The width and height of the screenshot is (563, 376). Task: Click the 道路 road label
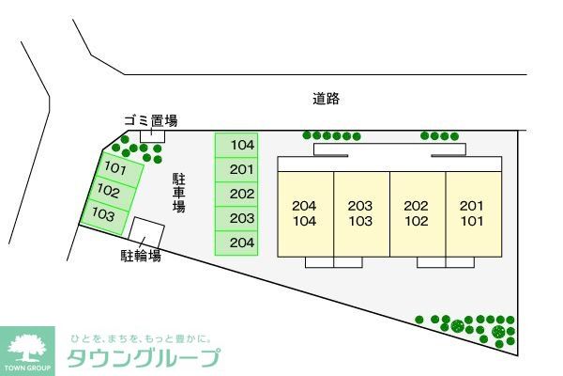pos(326,97)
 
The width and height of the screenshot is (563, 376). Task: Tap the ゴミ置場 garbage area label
pos(150,120)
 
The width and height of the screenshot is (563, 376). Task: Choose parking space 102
pos(110,192)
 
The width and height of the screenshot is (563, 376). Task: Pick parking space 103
pos(103,215)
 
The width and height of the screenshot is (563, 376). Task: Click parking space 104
pos(241,145)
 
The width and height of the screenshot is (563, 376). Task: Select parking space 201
pos(241,169)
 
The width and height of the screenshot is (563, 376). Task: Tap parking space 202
pos(241,194)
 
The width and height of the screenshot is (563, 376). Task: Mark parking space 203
pos(241,218)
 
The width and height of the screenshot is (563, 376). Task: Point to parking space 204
pos(241,243)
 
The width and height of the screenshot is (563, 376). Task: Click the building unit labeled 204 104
pos(305,213)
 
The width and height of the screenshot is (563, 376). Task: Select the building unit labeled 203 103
pos(361,213)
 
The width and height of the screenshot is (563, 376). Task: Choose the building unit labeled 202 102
pos(417,213)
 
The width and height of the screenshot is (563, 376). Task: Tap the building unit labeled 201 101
pos(472,213)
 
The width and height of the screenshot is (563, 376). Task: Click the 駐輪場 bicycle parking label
pos(141,256)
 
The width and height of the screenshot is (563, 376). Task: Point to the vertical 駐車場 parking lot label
pos(178,192)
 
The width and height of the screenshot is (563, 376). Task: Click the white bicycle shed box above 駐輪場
pos(146,231)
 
